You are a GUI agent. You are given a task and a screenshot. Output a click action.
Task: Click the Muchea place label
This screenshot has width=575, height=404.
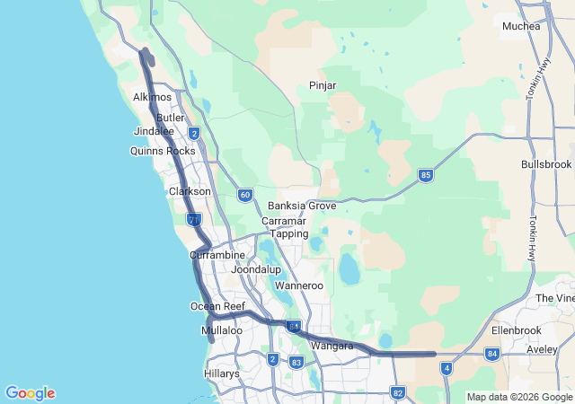521,26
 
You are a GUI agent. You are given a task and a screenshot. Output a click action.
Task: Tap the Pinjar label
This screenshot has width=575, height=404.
322,85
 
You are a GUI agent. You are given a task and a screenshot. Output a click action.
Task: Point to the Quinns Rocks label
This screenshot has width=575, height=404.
163,151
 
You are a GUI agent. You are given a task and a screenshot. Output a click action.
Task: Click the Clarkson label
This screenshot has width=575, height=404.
190,191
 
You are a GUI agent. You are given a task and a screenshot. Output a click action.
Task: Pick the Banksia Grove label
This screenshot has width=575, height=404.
302,206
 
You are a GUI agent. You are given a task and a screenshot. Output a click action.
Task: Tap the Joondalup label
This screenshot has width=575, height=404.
256,269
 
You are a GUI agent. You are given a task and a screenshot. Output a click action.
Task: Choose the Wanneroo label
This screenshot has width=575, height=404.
298,285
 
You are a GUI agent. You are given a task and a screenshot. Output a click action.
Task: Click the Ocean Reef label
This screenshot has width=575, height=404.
217,306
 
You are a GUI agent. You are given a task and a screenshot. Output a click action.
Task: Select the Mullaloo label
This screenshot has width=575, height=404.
222,330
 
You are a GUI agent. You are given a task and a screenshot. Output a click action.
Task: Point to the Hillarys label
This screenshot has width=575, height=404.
221,373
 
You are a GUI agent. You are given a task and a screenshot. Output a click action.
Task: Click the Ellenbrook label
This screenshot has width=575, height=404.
514,330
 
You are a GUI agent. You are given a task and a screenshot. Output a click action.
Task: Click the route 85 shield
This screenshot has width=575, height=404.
426,175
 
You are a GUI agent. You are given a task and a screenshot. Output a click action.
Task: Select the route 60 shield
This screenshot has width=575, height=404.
245,195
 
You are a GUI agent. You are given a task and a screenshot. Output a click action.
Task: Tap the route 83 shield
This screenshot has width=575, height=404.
296,363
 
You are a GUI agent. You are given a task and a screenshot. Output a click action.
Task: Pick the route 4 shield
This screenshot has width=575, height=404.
446,368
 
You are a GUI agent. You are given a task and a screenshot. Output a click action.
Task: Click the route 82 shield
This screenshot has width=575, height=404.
398,392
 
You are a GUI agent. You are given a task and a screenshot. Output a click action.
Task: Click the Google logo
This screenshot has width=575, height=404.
30,393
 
